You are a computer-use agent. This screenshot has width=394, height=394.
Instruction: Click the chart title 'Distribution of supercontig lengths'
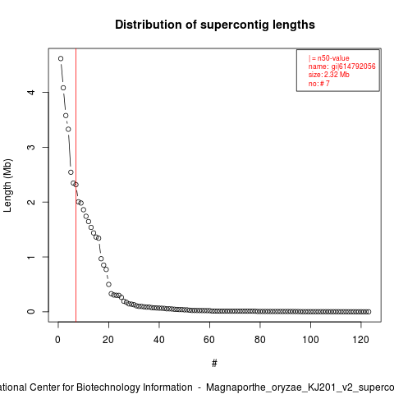(215, 25)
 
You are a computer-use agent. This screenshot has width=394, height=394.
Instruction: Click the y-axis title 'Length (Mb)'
(7, 186)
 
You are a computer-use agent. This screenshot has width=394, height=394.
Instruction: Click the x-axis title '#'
(214, 364)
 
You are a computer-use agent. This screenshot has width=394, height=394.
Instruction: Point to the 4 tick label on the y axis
(32, 92)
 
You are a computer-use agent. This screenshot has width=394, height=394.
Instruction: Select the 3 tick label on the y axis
(32, 147)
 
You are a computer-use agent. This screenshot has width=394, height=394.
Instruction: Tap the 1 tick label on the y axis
(32, 257)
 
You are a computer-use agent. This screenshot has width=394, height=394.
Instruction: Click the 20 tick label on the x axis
(108, 340)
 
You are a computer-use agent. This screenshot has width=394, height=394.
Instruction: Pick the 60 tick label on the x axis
(209, 340)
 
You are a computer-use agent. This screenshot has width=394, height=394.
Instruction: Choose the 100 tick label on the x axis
(310, 340)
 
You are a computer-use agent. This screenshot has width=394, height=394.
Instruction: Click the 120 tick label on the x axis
(360, 340)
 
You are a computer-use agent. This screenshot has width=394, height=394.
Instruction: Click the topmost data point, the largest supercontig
(61, 58)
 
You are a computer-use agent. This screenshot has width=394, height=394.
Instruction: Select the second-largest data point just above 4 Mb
(63, 88)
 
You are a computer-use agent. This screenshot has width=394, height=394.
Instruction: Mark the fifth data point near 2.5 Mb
(71, 172)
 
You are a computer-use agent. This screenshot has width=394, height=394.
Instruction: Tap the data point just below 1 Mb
(101, 259)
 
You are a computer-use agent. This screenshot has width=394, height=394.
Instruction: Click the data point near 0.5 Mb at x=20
(108, 284)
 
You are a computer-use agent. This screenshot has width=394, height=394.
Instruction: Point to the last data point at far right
(369, 312)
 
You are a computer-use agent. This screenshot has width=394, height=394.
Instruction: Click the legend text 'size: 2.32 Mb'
(329, 75)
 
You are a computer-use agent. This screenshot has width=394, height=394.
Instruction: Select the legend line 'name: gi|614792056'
(342, 66)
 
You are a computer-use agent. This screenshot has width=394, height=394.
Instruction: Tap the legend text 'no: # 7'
(319, 83)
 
